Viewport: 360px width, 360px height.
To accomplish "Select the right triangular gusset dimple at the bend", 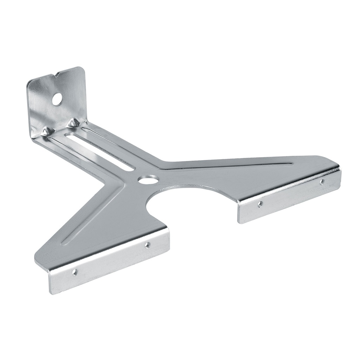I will (73, 123).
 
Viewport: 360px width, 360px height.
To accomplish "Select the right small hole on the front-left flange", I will (147, 244).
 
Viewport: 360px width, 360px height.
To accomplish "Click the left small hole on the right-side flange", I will (260, 204).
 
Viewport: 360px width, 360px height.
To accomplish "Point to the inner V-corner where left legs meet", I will (105, 180).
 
